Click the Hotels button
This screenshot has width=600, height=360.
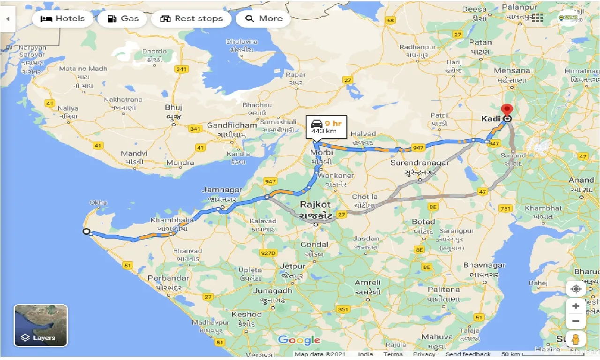coord(63,19)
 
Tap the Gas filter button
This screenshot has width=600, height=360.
coord(123,19)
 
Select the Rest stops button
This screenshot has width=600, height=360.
coord(191,19)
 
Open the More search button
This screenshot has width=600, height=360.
coord(263,19)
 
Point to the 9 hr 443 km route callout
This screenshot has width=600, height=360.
coord(326,127)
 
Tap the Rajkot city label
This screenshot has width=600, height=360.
coord(315,204)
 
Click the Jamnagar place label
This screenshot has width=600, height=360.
coord(222,190)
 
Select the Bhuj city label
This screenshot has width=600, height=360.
coord(173,107)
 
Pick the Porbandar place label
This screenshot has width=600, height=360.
coord(168,278)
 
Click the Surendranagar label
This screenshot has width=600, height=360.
coord(420,163)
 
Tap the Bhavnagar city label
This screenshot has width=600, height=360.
coord(484,265)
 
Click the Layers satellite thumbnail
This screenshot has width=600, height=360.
coord(41,325)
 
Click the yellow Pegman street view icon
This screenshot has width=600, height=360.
coord(576,339)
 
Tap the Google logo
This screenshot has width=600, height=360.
coord(299,340)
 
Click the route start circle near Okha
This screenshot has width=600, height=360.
coord(86,232)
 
